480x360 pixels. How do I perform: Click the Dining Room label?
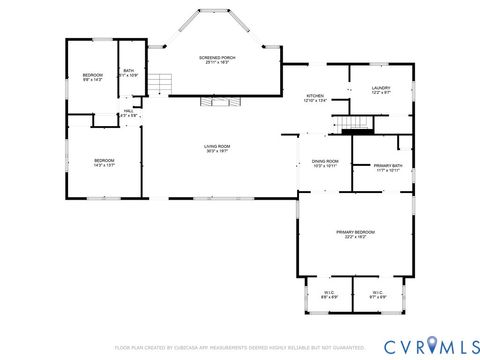[325, 163]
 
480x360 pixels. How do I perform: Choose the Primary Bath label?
[388, 167]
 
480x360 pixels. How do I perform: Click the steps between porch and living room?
[213, 102]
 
